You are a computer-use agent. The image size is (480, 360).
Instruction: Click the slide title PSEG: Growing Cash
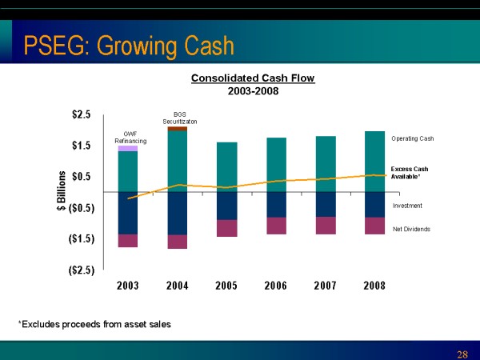(x=128, y=46)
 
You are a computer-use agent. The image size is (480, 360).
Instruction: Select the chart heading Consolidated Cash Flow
(x=253, y=78)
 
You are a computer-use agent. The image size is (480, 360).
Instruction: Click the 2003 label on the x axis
(x=128, y=286)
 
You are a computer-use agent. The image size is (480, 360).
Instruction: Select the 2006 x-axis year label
(x=276, y=286)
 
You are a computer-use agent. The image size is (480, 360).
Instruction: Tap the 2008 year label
(x=374, y=286)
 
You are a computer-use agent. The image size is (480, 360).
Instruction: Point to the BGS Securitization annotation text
(x=179, y=118)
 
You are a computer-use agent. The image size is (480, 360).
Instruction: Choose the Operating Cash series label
(x=412, y=138)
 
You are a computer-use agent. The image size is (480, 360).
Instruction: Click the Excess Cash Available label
(x=410, y=173)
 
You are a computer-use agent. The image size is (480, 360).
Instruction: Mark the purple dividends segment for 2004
(x=177, y=242)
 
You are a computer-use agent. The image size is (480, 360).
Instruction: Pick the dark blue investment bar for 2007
(x=325, y=204)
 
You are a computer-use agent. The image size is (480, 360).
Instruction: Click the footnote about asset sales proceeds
(x=94, y=323)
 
